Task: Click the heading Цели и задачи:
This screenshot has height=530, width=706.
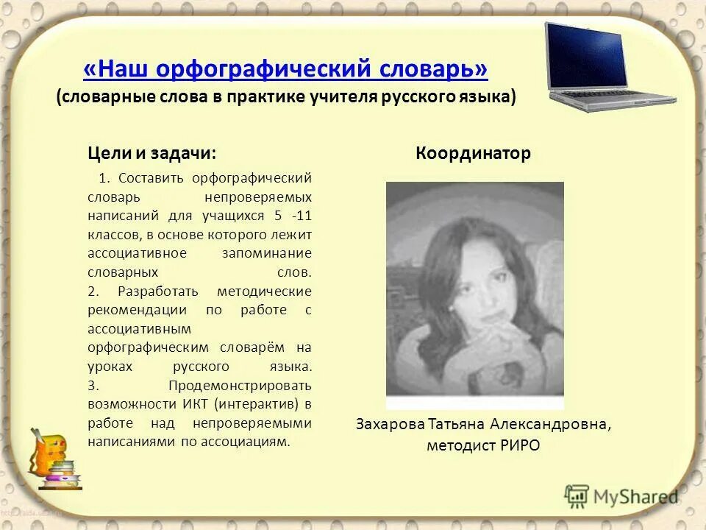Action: [x=152, y=153]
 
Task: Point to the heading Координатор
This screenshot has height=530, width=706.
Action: [x=473, y=153]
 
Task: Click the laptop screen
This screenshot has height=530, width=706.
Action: [x=586, y=55]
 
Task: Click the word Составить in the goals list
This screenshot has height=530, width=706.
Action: [x=152, y=178]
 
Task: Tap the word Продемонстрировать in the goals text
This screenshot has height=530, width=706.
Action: [x=240, y=385]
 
